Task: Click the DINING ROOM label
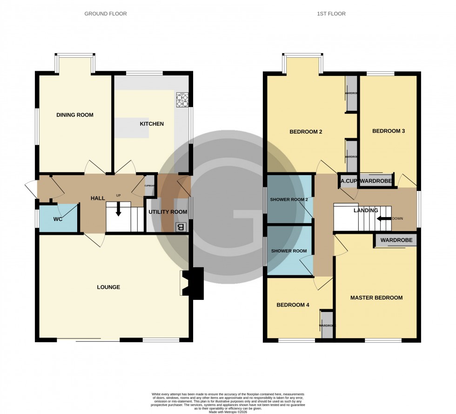(x=75, y=115)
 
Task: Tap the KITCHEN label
(x=152, y=124)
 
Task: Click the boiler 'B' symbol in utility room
(x=181, y=227)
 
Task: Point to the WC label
(x=58, y=218)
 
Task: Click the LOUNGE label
(x=108, y=287)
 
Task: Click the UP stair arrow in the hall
(x=118, y=210)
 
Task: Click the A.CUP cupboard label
(x=349, y=181)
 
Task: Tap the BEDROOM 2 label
(x=306, y=132)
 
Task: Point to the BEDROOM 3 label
(x=388, y=131)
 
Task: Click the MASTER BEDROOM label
(x=376, y=298)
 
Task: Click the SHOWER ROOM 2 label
(x=289, y=200)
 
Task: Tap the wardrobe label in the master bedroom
(x=396, y=241)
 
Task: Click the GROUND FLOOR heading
(x=105, y=14)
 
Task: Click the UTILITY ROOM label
(x=168, y=212)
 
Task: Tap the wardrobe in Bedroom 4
(x=327, y=325)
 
